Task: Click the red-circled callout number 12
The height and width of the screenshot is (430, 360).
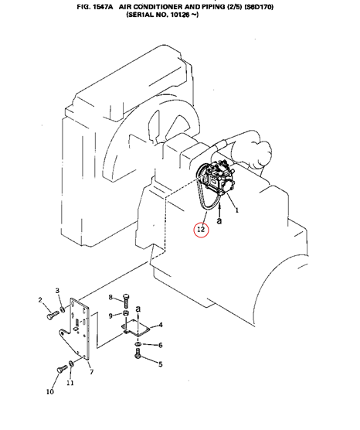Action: pos(201,229)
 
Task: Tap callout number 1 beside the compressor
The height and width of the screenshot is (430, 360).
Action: pos(237,210)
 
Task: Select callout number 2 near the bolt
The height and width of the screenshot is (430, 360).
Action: pos(40,300)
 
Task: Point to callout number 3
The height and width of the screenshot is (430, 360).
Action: pos(57,291)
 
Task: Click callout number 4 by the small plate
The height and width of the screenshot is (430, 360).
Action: pos(161,325)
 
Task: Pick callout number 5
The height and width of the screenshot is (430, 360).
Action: pos(161,364)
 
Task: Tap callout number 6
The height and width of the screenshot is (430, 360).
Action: pos(161,345)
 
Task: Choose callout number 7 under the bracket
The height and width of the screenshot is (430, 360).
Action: pos(92,372)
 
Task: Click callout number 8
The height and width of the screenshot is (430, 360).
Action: pos(110,297)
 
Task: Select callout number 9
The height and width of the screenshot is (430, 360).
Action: pos(110,316)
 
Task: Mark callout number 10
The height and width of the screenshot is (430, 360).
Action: pos(50,391)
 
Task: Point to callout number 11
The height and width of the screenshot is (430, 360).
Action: pos(70,383)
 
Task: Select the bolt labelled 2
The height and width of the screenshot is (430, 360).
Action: pos(53,315)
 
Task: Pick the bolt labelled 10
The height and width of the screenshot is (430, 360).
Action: pos(62,368)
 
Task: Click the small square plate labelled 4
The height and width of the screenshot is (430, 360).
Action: pos(136,327)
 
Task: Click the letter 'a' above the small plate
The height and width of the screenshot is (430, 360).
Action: pos(138,309)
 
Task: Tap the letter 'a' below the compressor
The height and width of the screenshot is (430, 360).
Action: pos(219,220)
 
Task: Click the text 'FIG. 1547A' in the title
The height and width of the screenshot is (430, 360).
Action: pos(95,7)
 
